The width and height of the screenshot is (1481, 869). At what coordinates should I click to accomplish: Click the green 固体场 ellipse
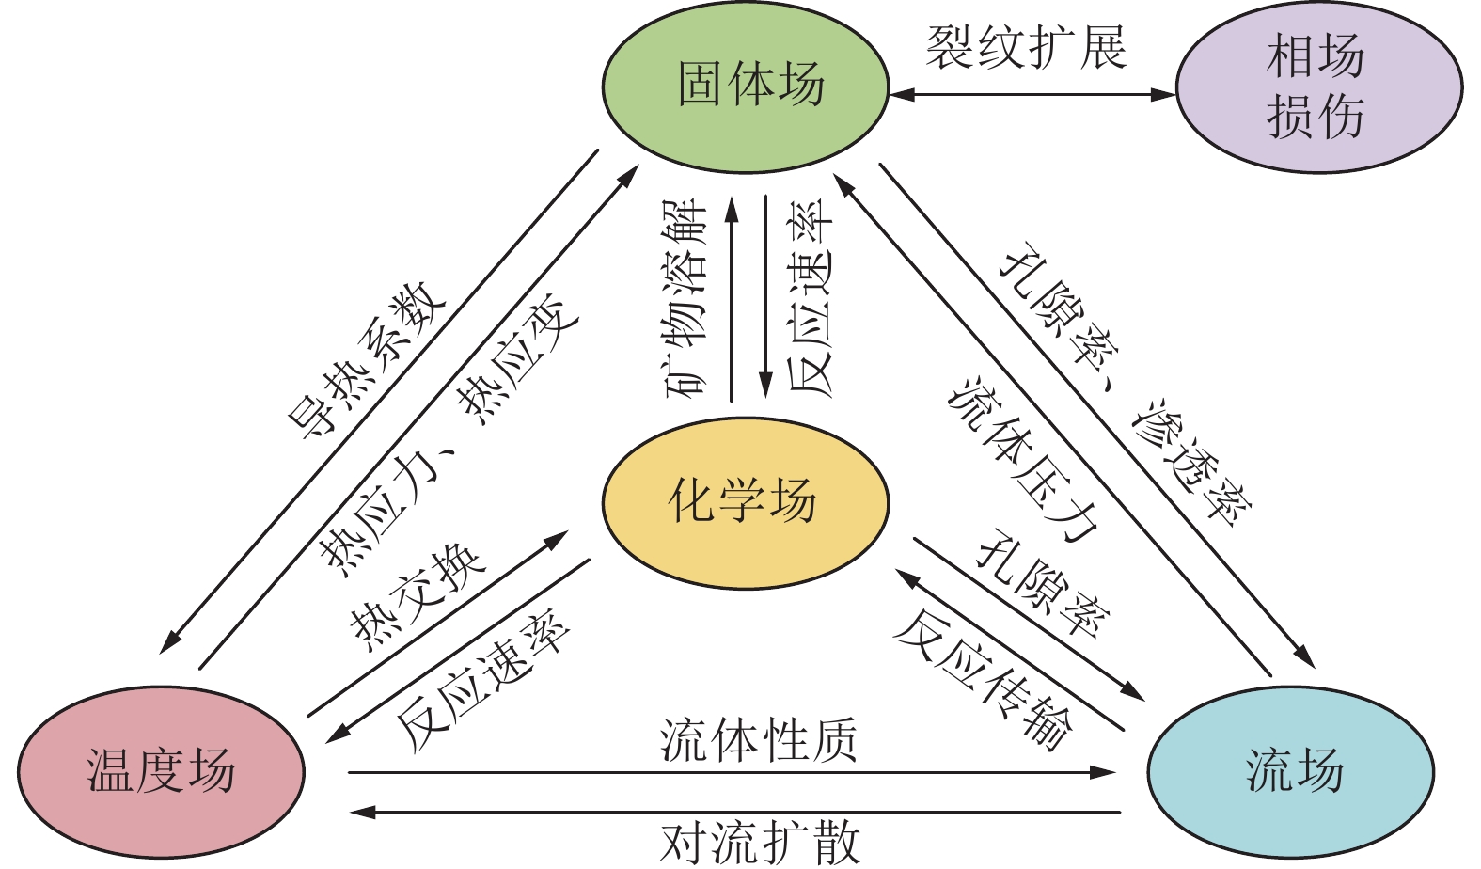pos(745,87)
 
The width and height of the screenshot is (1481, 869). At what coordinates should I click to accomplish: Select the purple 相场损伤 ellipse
pos(1318,87)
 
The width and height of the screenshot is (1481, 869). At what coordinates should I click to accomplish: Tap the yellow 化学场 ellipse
pos(745,502)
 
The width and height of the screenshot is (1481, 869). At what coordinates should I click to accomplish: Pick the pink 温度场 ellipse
pos(161,771)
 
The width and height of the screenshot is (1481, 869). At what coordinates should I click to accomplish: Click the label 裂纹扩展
pos(1026,47)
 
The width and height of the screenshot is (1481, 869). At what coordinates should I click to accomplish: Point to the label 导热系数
pos(368,359)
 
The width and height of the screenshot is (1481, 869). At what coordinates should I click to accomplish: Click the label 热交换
pos(418,596)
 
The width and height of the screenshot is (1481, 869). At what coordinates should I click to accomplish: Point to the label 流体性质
pos(758,740)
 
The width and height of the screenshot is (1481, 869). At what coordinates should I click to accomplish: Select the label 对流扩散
pos(760,842)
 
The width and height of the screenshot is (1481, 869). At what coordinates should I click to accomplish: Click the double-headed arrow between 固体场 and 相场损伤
pos(1032,94)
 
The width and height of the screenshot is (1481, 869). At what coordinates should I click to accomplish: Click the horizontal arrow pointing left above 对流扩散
pos(733,812)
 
